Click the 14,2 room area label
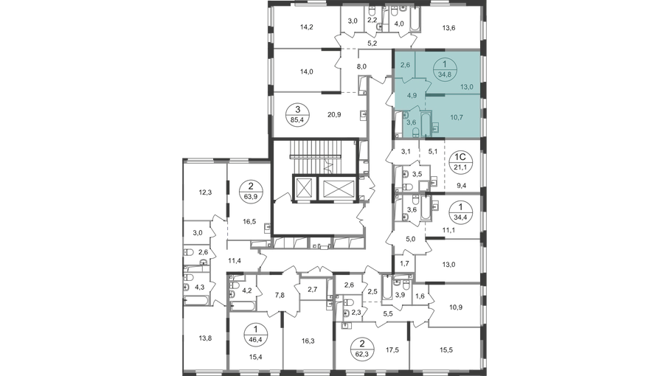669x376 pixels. click(x=306, y=27)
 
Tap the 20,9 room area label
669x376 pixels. click(x=333, y=115)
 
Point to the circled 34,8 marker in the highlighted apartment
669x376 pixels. click(x=444, y=70)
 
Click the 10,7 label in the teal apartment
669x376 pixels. click(x=456, y=117)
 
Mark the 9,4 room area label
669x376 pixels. click(x=461, y=186)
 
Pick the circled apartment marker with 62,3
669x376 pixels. click(x=362, y=348)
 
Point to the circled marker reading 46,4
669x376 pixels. click(x=255, y=334)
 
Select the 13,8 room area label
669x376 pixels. click(x=205, y=338)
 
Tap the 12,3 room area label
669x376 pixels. click(x=205, y=192)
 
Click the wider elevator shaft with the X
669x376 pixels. click(x=339, y=188)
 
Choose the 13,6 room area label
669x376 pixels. click(x=448, y=28)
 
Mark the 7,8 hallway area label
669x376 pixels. click(x=280, y=295)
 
